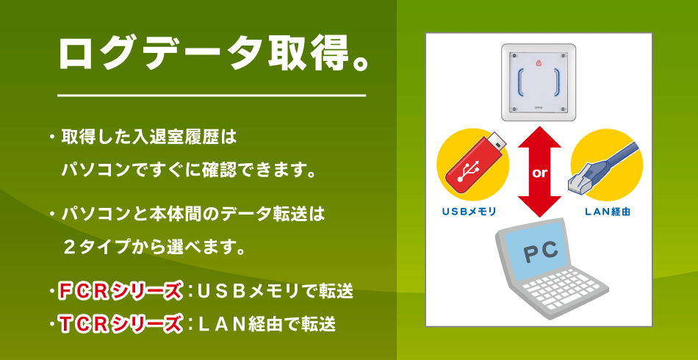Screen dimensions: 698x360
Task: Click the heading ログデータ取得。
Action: point(213,54)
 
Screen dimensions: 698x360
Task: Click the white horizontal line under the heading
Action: point(212,96)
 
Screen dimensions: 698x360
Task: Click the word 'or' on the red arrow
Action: point(539,173)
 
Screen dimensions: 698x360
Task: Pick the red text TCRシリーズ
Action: point(120,324)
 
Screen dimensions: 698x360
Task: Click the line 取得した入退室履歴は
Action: point(149,137)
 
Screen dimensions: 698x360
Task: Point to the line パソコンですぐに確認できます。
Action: point(190,170)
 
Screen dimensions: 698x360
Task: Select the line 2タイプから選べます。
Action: point(155,247)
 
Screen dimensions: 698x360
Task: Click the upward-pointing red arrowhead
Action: point(539,137)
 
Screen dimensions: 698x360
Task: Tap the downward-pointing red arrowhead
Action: point(539,206)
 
